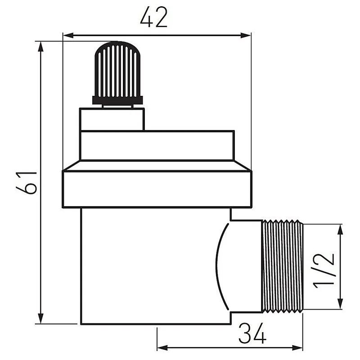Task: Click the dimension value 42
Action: [153, 18]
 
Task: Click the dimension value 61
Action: [27, 182]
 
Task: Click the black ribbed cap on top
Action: [117, 70]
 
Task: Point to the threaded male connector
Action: [283, 266]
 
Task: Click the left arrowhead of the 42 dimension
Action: [67, 35]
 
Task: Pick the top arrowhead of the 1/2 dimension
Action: [341, 228]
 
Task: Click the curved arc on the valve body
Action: [219, 266]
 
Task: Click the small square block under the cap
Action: [112, 119]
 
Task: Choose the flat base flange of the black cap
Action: [117, 100]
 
